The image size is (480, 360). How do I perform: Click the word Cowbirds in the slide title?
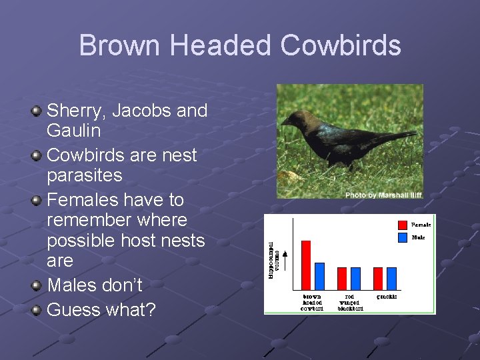coord(341,46)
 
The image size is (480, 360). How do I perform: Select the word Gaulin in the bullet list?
coord(74,131)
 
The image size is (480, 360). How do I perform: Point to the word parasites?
coord(85,175)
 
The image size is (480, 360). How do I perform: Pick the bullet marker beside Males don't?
coord(37,285)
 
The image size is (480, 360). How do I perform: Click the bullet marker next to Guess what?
coord(37,310)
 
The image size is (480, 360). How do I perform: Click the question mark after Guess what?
coord(149,310)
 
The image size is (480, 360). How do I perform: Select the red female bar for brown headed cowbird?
coord(306,265)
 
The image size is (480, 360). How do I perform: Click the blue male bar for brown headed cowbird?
coord(319,275)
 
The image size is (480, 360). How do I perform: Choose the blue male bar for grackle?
coord(391,278)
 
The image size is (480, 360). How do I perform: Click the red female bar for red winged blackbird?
coord(342,278)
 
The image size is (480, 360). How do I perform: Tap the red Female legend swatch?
coord(402,225)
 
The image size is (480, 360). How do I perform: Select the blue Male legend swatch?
coord(402,237)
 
